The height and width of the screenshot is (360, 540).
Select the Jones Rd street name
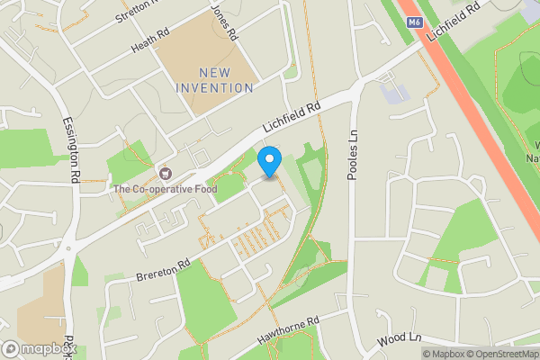point(223,22)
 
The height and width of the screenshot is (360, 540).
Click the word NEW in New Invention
point(214,72)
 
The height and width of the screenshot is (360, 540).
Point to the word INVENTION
point(214,87)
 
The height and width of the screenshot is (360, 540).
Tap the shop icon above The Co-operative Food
point(165,173)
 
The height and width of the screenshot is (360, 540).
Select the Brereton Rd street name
point(164,268)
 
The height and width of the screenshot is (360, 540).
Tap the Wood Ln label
point(400,339)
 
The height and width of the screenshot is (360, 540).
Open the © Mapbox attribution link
point(445,354)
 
